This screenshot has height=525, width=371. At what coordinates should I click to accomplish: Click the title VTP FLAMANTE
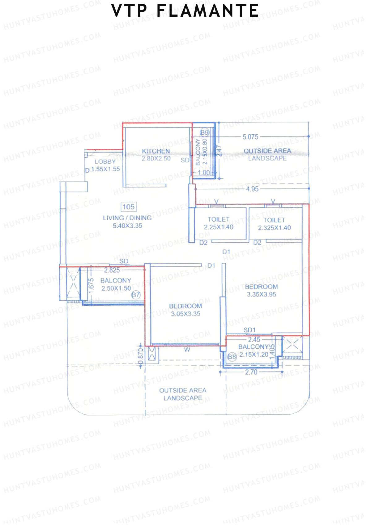coord(185,11)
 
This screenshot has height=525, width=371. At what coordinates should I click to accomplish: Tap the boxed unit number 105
coord(129,207)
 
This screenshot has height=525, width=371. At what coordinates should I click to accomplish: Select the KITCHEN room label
coord(156,151)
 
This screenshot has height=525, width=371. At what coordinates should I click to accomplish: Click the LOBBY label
coord(105,161)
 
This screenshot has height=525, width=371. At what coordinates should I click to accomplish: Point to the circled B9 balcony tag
coord(204,133)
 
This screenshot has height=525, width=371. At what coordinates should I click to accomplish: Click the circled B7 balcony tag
coord(136,295)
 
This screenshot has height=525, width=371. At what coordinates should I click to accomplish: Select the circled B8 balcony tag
coord(232,357)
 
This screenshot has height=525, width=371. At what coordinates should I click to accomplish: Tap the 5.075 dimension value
coord(250,137)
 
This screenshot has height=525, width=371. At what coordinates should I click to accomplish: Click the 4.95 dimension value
coord(252,189)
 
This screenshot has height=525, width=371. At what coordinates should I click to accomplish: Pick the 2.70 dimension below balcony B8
coord(251,372)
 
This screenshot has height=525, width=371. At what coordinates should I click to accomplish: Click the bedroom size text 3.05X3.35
coord(185,314)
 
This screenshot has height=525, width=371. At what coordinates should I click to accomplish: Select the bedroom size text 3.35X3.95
coord(261,295)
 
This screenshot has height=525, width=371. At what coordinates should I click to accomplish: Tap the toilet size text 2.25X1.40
coord(219,227)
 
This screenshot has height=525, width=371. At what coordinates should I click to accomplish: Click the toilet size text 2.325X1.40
coord(274,228)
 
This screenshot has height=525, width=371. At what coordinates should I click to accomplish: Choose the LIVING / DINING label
coord(127,218)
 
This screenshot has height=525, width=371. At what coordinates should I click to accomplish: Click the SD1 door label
coord(249,330)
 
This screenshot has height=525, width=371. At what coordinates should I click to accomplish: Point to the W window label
coord(187,350)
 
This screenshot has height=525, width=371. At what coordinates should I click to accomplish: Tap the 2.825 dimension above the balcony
coord(112,270)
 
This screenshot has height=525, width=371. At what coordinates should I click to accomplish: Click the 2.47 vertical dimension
coord(219,151)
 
